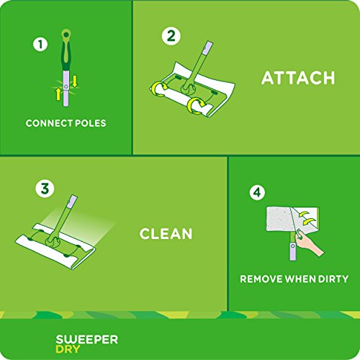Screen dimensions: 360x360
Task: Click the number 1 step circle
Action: [40, 44]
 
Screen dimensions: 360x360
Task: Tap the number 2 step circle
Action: [171, 35]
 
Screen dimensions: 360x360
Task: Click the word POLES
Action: [90, 123]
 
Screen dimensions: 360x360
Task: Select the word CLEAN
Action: [166, 233]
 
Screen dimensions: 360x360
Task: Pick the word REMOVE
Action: [262, 278]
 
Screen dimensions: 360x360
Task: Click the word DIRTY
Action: [330, 278]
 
